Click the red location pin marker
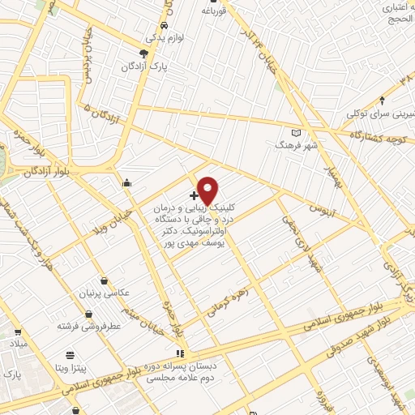(x=207, y=190)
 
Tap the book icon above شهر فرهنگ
(x=296, y=133)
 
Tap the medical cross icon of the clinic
(x=194, y=196)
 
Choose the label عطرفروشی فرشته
(x=84, y=325)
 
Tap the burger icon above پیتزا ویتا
(x=70, y=354)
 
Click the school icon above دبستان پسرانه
(x=180, y=353)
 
